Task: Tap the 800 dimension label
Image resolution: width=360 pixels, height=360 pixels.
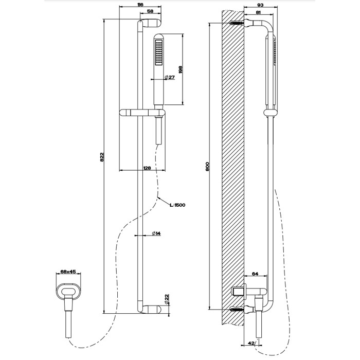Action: click(208, 167)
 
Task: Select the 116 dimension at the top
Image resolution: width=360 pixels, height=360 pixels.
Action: click(140, 4)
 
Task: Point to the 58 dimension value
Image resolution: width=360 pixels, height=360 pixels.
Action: click(150, 11)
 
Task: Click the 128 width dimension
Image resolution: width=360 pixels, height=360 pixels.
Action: click(147, 168)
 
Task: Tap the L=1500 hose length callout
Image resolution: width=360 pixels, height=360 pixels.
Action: click(177, 205)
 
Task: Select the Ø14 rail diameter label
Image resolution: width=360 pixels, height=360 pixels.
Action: click(156, 234)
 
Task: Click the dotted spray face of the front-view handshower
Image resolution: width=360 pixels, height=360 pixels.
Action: click(159, 53)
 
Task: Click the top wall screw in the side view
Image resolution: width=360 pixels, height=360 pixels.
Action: click(237, 24)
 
